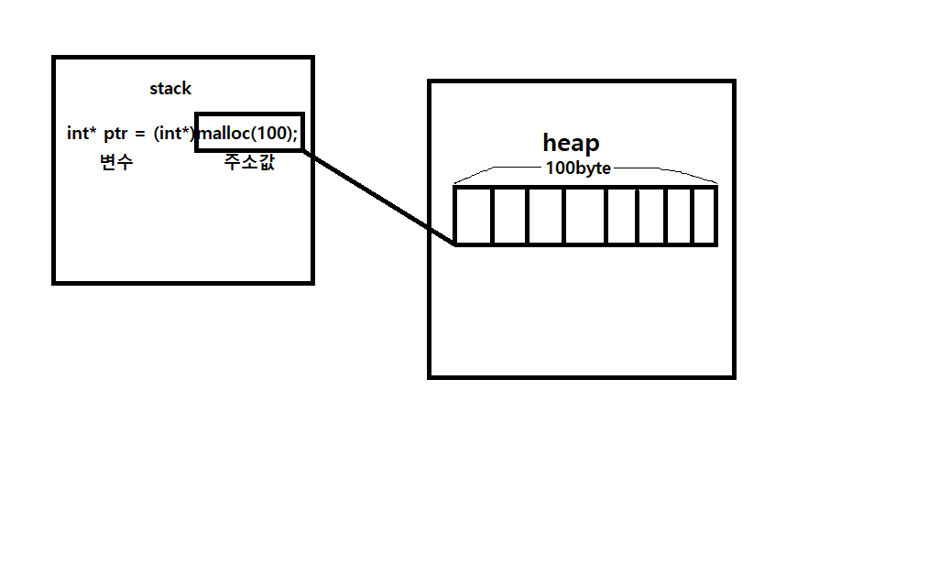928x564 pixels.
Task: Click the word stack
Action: pyautogui.click(x=170, y=89)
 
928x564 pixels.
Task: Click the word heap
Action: pyautogui.click(x=571, y=143)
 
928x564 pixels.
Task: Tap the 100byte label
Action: pyautogui.click(x=578, y=168)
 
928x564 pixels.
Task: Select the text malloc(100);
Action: pyautogui.click(x=248, y=133)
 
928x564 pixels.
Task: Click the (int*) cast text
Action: pyautogui.click(x=174, y=134)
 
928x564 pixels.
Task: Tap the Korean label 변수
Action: pyautogui.click(x=116, y=163)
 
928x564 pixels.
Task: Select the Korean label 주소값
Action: pyautogui.click(x=248, y=163)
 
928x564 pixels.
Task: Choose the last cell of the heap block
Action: pyautogui.click(x=704, y=216)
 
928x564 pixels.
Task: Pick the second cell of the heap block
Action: pyautogui.click(x=510, y=216)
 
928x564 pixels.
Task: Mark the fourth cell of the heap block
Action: pyautogui.click(x=584, y=216)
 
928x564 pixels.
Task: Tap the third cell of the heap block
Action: pyautogui.click(x=545, y=216)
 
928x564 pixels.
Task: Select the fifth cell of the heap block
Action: pyautogui.click(x=622, y=216)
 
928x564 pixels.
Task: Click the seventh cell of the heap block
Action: pyautogui.click(x=679, y=216)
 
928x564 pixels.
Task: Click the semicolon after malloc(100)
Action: pyautogui.click(x=295, y=134)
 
